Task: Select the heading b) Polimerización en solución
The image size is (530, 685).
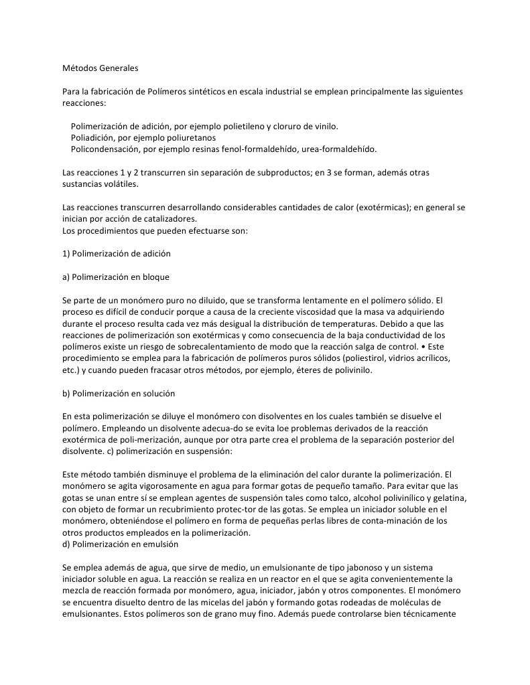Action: pyautogui.click(x=119, y=393)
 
